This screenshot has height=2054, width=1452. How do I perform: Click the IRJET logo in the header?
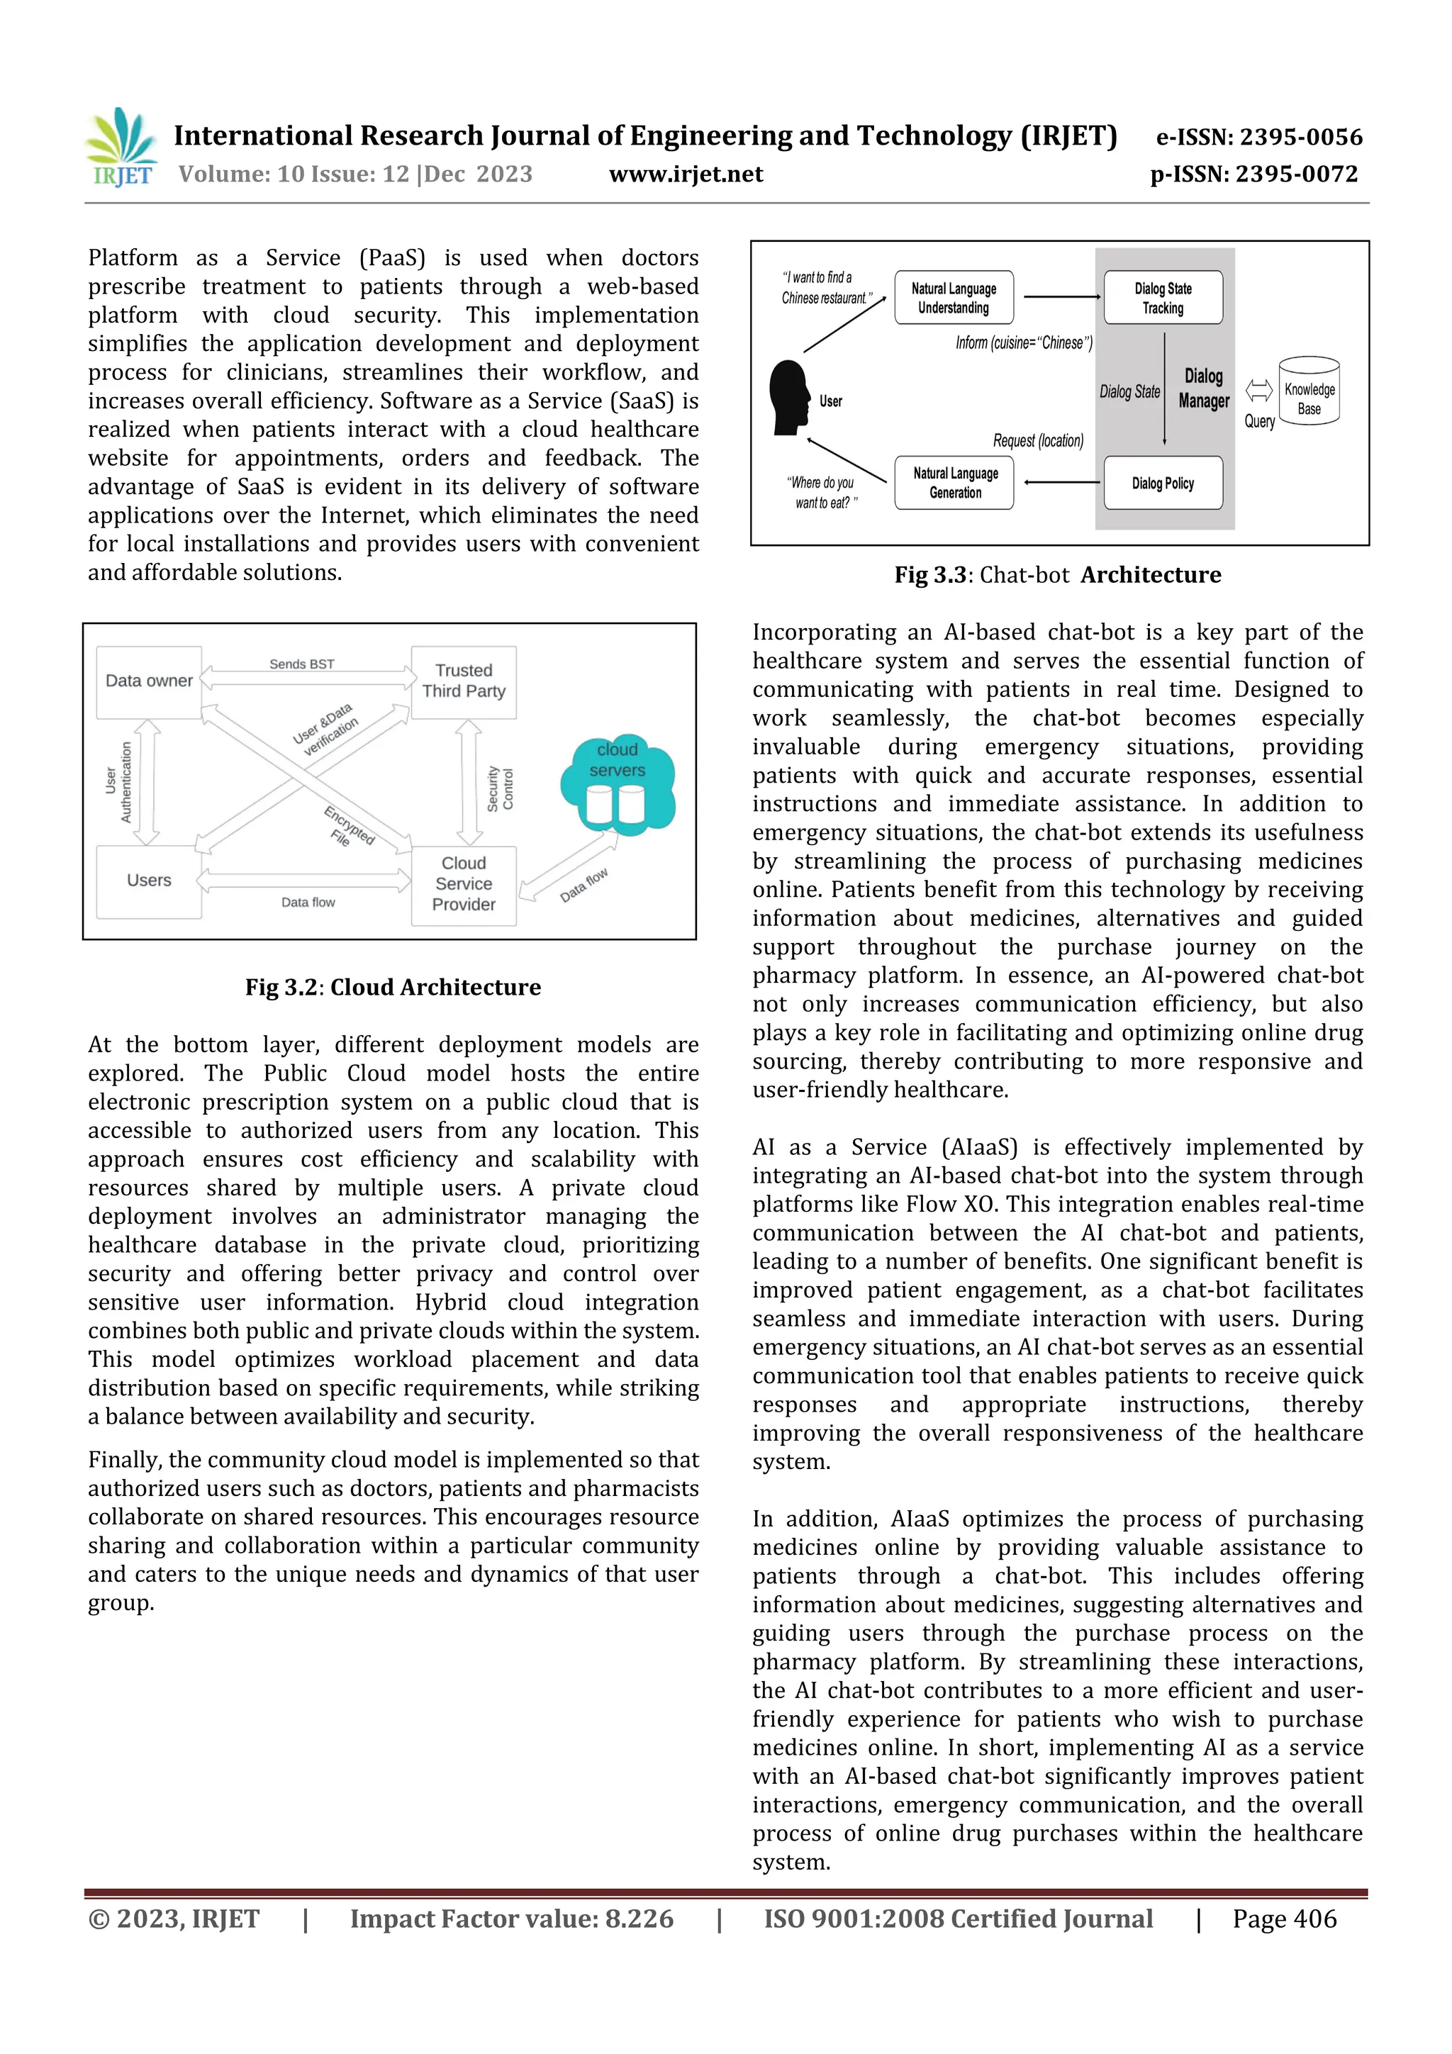(x=122, y=147)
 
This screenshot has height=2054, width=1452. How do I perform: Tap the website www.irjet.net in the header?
(x=686, y=174)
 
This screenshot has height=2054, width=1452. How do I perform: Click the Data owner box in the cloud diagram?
(x=148, y=681)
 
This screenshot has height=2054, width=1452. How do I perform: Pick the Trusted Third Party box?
(x=464, y=681)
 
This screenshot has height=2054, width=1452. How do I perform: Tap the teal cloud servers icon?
(x=618, y=785)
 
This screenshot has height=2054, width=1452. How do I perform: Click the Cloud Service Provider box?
(x=464, y=884)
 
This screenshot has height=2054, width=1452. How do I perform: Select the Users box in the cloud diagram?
(x=148, y=881)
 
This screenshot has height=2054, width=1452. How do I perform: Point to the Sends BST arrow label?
(x=301, y=664)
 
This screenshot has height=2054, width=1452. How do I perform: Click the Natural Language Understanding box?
(x=954, y=298)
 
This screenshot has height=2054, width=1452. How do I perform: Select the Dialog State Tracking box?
(x=1162, y=298)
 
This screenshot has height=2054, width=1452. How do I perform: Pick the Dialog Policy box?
(x=1162, y=483)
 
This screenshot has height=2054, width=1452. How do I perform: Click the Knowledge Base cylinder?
(x=1309, y=391)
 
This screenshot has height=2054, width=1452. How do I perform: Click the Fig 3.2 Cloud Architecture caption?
(x=393, y=987)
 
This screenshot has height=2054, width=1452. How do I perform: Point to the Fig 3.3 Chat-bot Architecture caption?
(x=1058, y=575)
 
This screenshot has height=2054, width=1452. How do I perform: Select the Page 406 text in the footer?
(x=1284, y=1919)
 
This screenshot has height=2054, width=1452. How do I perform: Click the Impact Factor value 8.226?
(x=511, y=1919)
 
